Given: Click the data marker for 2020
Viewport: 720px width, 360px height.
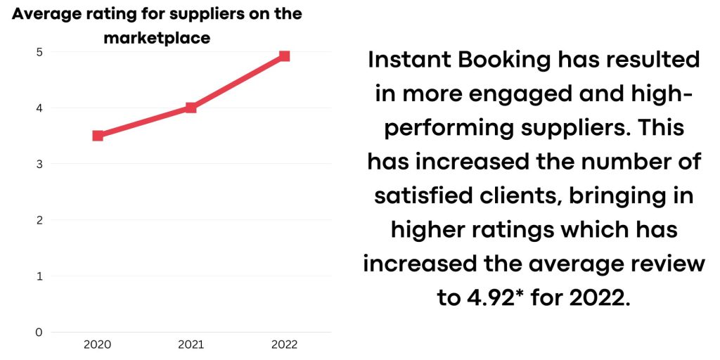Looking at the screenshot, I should click(98, 136).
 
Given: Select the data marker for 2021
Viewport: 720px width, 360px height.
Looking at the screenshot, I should click(191, 108).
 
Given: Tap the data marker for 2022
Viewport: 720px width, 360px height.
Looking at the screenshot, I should click(284, 56).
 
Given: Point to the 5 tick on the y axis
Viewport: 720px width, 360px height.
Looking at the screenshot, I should click(40, 52).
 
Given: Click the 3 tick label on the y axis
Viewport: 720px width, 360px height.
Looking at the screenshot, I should click(40, 164).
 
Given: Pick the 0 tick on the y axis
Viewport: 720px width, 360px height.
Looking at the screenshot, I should click(40, 332).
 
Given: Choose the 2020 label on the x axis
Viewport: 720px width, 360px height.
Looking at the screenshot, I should click(98, 345).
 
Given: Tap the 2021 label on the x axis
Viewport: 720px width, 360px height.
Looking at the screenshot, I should click(191, 345).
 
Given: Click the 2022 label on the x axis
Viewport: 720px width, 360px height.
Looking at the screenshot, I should click(284, 345).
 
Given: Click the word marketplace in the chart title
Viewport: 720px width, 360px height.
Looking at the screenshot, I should click(157, 38).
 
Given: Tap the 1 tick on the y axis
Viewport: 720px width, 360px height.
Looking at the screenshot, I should click(40, 276).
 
